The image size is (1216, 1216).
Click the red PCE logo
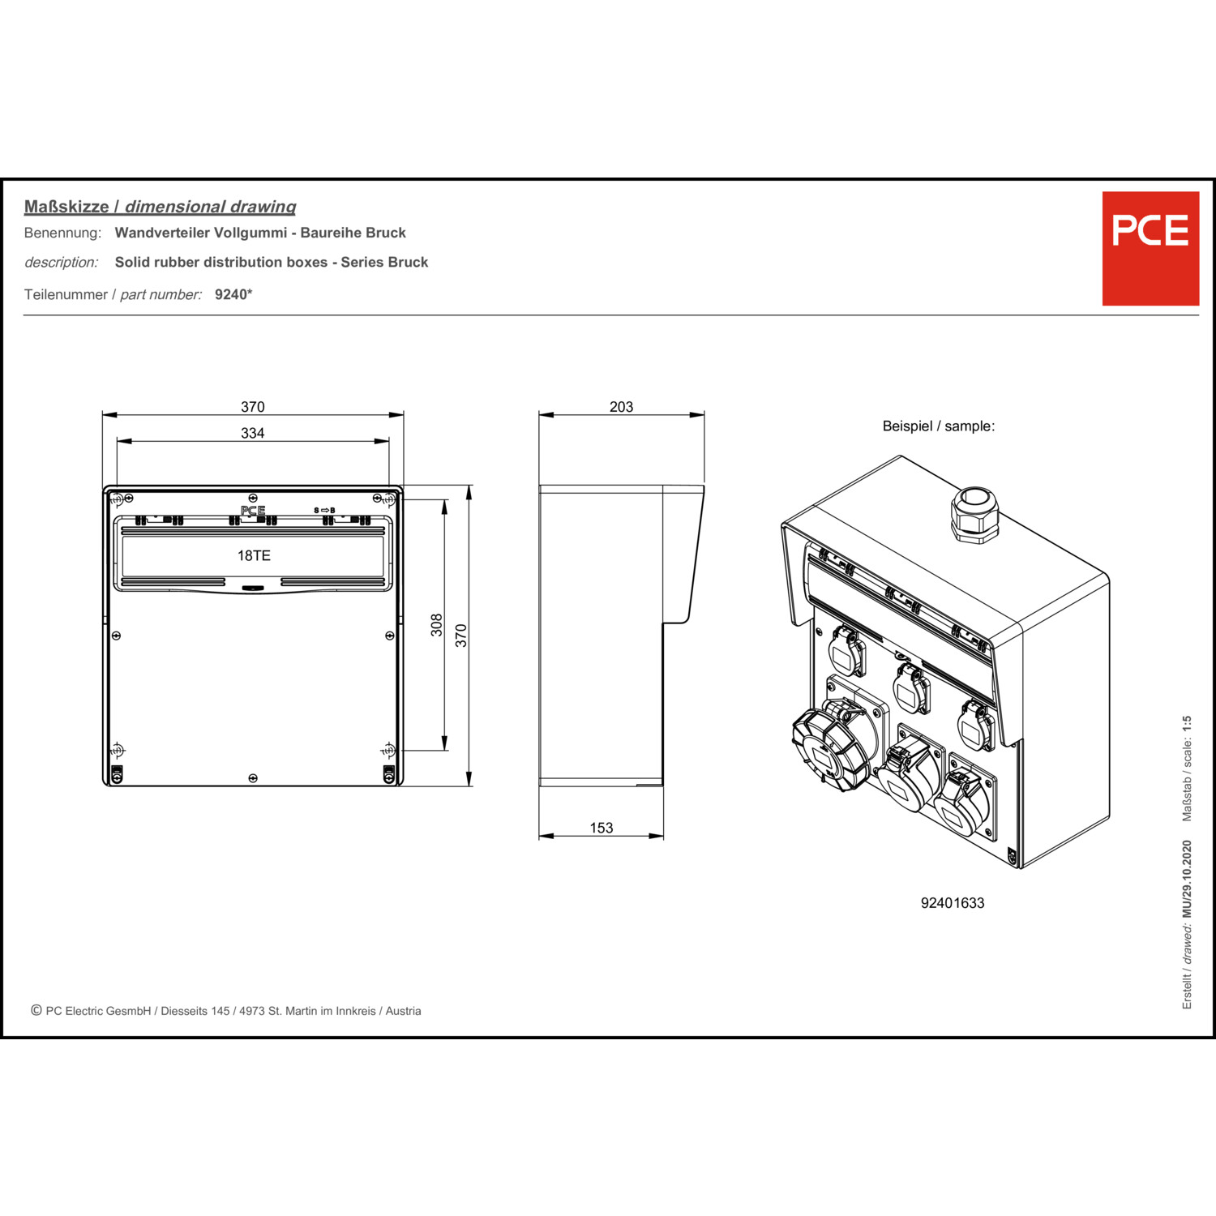(1150, 248)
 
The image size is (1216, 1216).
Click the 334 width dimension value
(253, 433)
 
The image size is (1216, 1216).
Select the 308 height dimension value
(437, 624)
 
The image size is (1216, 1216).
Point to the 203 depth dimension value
(622, 407)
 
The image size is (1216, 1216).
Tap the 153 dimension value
(602, 828)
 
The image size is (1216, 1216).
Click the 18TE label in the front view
(254, 555)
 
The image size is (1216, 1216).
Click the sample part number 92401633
(953, 903)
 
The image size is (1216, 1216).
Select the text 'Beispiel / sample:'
(939, 426)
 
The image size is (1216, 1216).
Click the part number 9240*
(233, 294)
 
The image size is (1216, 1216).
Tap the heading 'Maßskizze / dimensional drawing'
(160, 207)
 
